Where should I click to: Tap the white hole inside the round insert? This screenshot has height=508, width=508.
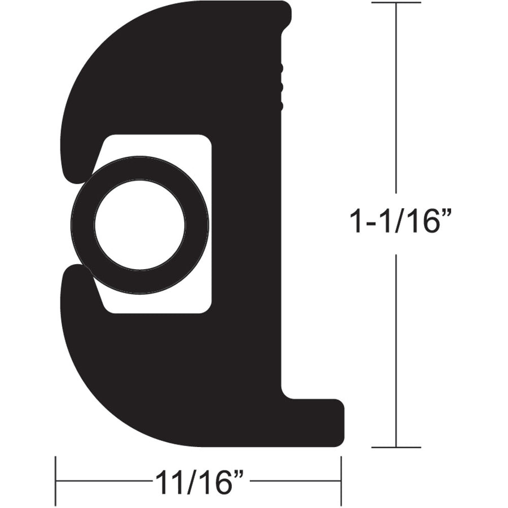(140, 225)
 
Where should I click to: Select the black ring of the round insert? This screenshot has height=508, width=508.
(82, 225)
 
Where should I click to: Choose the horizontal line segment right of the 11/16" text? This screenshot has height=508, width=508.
(294, 481)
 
